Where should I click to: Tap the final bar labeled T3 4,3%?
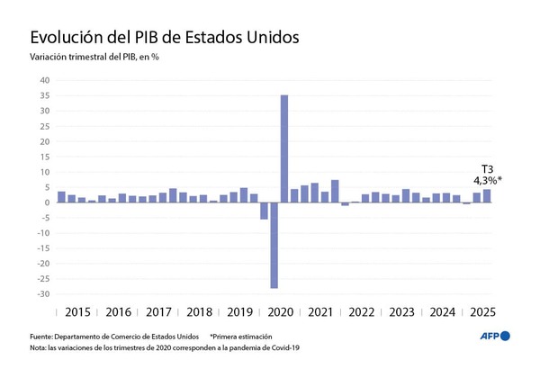click(x=487, y=195)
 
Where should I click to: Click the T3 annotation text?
click(x=486, y=168)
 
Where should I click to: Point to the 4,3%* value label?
click(x=487, y=180)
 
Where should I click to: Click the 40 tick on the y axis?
click(x=44, y=80)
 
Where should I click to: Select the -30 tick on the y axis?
click(x=42, y=294)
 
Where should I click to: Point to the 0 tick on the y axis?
click(x=47, y=202)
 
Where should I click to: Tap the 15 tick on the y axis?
click(x=44, y=157)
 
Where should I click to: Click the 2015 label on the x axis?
click(x=77, y=312)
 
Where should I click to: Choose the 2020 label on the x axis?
click(x=281, y=312)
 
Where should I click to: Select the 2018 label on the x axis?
click(x=199, y=312)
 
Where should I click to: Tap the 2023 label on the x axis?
click(x=401, y=312)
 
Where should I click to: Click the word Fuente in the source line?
click(x=42, y=336)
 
